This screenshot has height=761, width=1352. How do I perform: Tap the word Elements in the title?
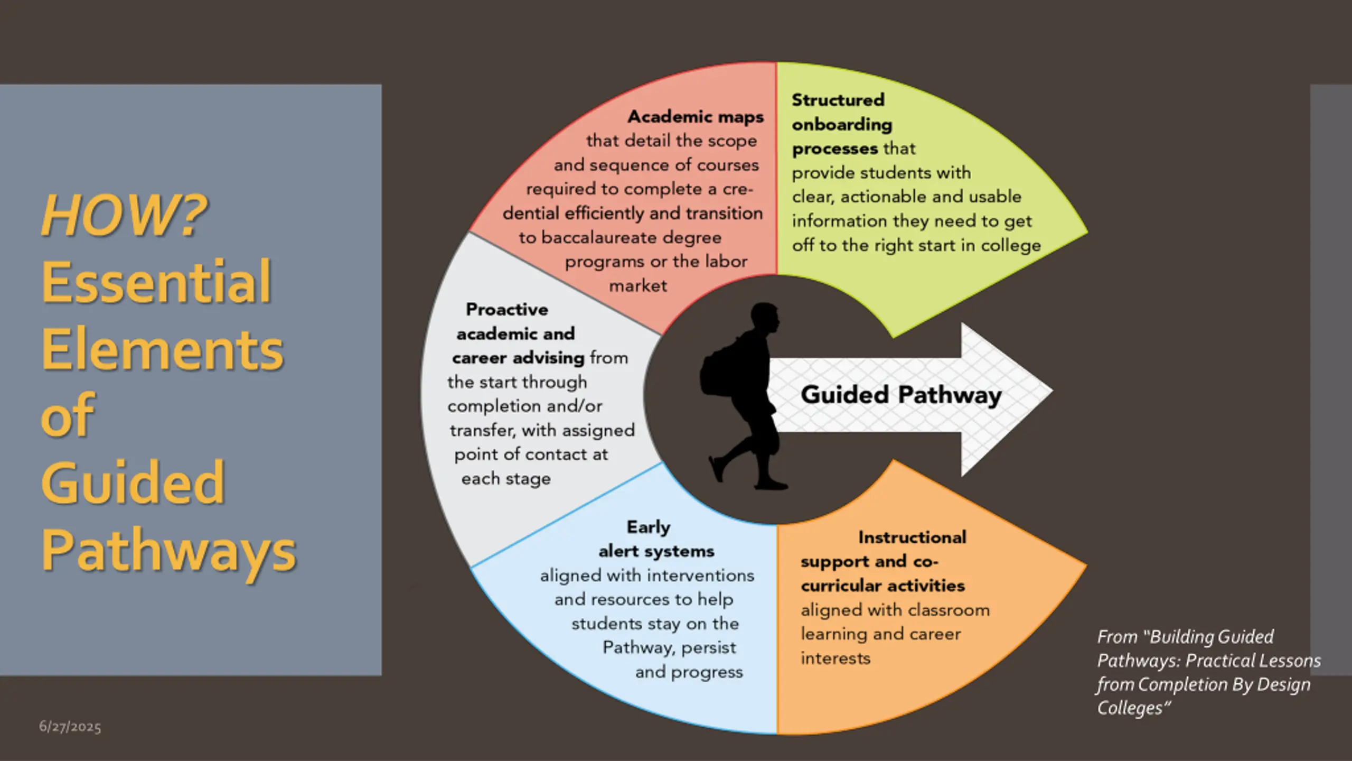163,349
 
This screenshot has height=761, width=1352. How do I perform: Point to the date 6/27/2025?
70,727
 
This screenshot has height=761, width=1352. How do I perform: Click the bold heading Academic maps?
696,116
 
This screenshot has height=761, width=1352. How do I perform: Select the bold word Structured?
838,100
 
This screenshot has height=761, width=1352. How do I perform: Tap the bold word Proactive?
507,309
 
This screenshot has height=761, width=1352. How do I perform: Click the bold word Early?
649,527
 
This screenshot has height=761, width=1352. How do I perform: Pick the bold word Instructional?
912,537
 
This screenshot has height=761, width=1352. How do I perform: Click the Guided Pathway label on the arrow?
901,395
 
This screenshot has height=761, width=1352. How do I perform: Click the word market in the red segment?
638,286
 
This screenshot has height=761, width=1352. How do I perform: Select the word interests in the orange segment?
835,658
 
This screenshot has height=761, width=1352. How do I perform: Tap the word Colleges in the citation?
1130,708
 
